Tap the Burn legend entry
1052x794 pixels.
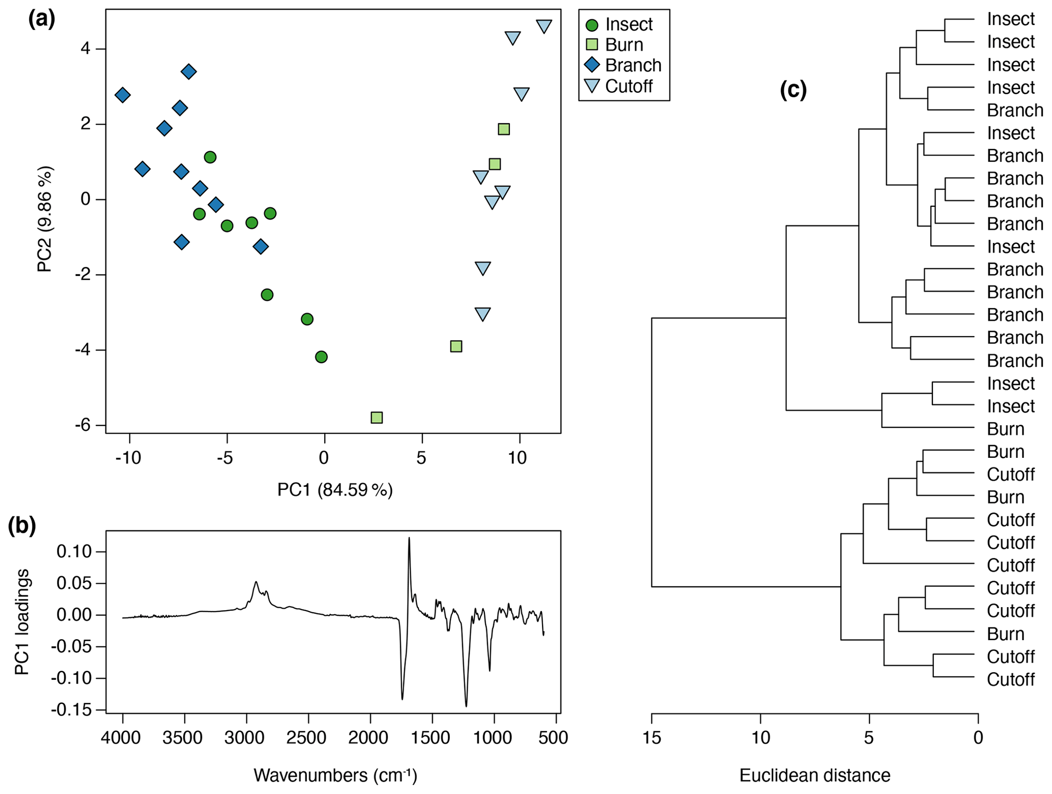pos(615,45)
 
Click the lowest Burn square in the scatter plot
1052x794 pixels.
pos(377,418)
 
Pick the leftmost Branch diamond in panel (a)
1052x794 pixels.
pos(122,95)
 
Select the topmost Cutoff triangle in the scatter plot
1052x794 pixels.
pos(544,26)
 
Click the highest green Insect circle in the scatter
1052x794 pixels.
pos(210,157)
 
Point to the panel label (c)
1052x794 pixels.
pos(793,90)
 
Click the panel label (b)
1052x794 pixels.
pos(22,526)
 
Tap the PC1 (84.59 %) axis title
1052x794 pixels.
pos(335,490)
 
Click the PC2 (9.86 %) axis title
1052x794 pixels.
pos(45,219)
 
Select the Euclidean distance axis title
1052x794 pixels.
pos(814,775)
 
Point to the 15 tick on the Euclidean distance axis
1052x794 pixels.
pos(652,737)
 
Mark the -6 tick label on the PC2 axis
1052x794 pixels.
pos(83,425)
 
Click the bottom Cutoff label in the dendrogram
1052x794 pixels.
pos(1010,679)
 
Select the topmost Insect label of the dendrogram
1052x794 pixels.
pos(1010,19)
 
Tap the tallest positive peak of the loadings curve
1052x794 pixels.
pos(409,539)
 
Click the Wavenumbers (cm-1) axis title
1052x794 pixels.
pos(335,775)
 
